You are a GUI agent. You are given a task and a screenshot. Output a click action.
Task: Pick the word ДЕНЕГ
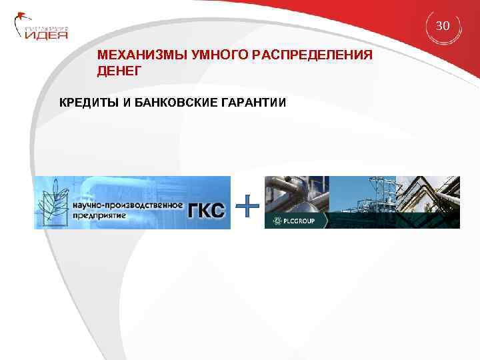[x=119, y=70]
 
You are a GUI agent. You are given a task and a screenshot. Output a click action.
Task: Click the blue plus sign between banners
[x=248, y=207]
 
